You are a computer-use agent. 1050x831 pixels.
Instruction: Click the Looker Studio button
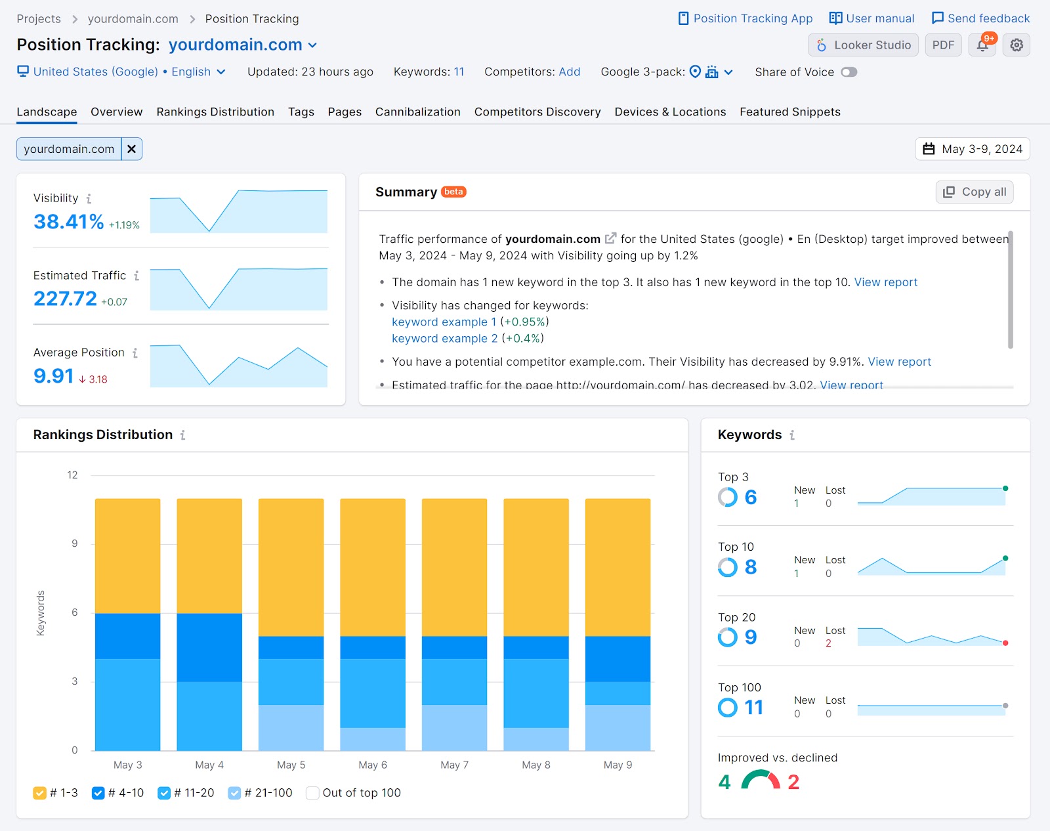point(863,45)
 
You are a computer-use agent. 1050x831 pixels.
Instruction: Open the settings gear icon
point(1017,45)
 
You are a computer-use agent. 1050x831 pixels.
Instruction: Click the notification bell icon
point(982,45)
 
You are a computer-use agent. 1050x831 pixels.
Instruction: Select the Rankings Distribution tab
point(215,112)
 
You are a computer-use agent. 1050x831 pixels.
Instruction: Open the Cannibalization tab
point(417,112)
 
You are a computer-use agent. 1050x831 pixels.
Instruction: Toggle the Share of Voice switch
point(849,72)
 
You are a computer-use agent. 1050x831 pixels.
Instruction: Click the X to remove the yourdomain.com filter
point(132,149)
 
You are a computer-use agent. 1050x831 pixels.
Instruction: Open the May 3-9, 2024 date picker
point(973,149)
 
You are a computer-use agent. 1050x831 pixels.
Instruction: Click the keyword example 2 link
point(444,339)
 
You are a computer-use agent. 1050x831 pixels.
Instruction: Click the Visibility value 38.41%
point(68,222)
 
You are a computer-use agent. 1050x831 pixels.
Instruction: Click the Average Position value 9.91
point(53,376)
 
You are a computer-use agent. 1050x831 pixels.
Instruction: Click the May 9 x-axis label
point(618,765)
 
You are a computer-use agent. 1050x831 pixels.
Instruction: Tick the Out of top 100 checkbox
point(312,793)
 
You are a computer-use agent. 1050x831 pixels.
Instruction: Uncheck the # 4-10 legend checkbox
point(98,793)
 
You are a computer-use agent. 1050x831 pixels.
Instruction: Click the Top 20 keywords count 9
point(751,637)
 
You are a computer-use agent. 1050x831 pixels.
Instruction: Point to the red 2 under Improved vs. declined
point(793,782)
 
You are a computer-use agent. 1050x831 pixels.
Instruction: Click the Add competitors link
point(569,72)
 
